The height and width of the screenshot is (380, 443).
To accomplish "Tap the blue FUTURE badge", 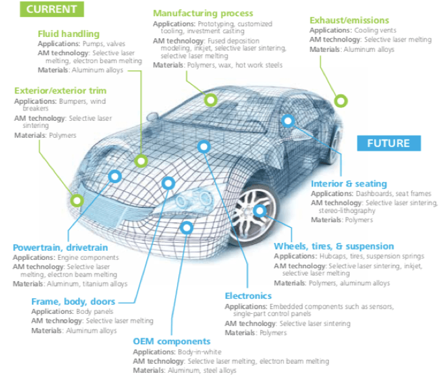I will [x=388, y=143].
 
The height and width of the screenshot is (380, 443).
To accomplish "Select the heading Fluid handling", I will [x=69, y=34].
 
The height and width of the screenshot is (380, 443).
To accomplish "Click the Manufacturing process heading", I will [x=203, y=13].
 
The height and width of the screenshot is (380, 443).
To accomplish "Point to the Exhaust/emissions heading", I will [x=349, y=20].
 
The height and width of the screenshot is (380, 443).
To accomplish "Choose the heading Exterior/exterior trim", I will [x=60, y=90].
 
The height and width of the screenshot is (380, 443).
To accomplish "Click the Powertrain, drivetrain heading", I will [x=60, y=247].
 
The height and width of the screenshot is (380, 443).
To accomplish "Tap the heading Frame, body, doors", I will [x=73, y=301].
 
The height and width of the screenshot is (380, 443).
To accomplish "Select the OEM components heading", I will [x=172, y=341].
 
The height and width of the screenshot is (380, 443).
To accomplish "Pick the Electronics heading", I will [x=248, y=296].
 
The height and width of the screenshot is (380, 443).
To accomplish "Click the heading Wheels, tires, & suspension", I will [x=334, y=246].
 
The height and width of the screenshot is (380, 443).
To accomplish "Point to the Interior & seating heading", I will [x=349, y=184].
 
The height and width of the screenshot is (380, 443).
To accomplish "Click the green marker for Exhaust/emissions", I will [x=340, y=100].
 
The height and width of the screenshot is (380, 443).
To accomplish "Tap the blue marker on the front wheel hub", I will [x=260, y=210].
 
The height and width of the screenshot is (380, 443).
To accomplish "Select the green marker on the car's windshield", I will [x=210, y=100].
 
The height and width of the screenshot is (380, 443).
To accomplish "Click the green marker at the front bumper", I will [x=77, y=200].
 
